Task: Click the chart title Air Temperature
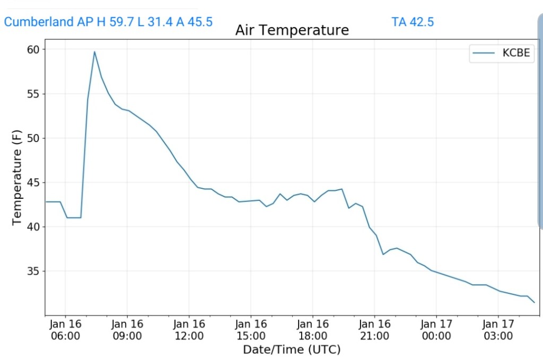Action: (292, 30)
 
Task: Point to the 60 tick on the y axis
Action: (33, 49)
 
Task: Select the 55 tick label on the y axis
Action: (33, 94)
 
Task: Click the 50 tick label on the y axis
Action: (33, 138)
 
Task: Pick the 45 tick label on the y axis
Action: (33, 182)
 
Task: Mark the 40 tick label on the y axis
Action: (33, 227)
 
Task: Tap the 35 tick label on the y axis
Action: (33, 271)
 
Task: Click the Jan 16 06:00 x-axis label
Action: (65, 329)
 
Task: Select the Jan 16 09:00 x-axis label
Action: (127, 329)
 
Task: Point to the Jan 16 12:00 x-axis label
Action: (189, 329)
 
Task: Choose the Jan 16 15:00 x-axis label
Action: (251, 329)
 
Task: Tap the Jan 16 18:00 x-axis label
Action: (312, 329)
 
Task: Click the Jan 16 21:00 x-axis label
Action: (374, 329)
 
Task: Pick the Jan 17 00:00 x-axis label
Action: (436, 329)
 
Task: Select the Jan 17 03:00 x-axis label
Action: (498, 329)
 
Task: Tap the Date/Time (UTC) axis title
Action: (292, 349)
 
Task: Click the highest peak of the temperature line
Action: (94, 51)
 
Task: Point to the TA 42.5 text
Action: (413, 22)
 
